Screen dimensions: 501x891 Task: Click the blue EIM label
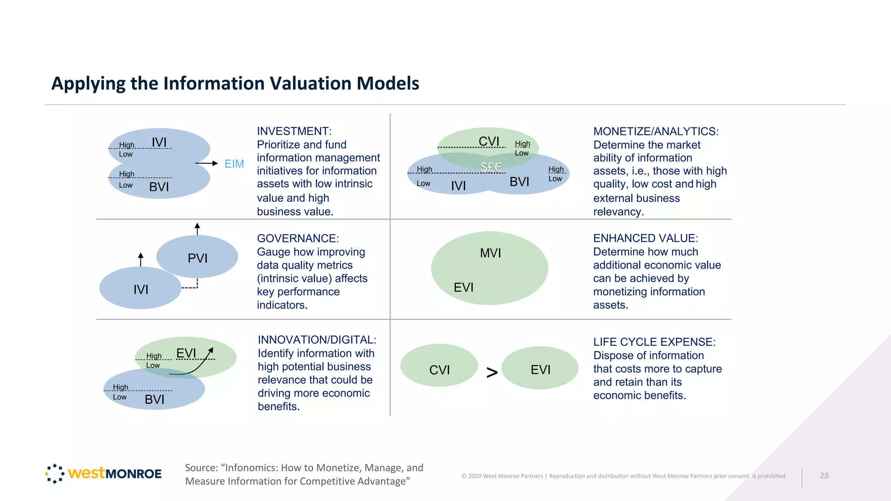[234, 164]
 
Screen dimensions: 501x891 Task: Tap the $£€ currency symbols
[491, 167]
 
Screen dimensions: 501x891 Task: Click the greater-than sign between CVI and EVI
[492, 372]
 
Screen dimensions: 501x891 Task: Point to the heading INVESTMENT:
[294, 131]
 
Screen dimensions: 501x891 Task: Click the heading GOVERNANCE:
[298, 238]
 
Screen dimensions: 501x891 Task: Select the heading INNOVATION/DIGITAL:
[317, 340]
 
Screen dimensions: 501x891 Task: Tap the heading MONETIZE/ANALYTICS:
[656, 131]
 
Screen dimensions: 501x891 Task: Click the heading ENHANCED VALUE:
[645, 238]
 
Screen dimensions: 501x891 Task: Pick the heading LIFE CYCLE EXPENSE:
[654, 342]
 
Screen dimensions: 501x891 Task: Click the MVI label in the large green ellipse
[490, 253]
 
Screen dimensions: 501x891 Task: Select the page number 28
[824, 476]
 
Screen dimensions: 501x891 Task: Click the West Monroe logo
[103, 473]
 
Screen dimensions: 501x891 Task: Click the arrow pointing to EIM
[207, 164]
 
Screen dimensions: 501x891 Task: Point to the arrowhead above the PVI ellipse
[197, 226]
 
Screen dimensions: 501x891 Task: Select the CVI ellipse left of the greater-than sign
[439, 365]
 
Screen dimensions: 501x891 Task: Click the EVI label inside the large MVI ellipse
[463, 287]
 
